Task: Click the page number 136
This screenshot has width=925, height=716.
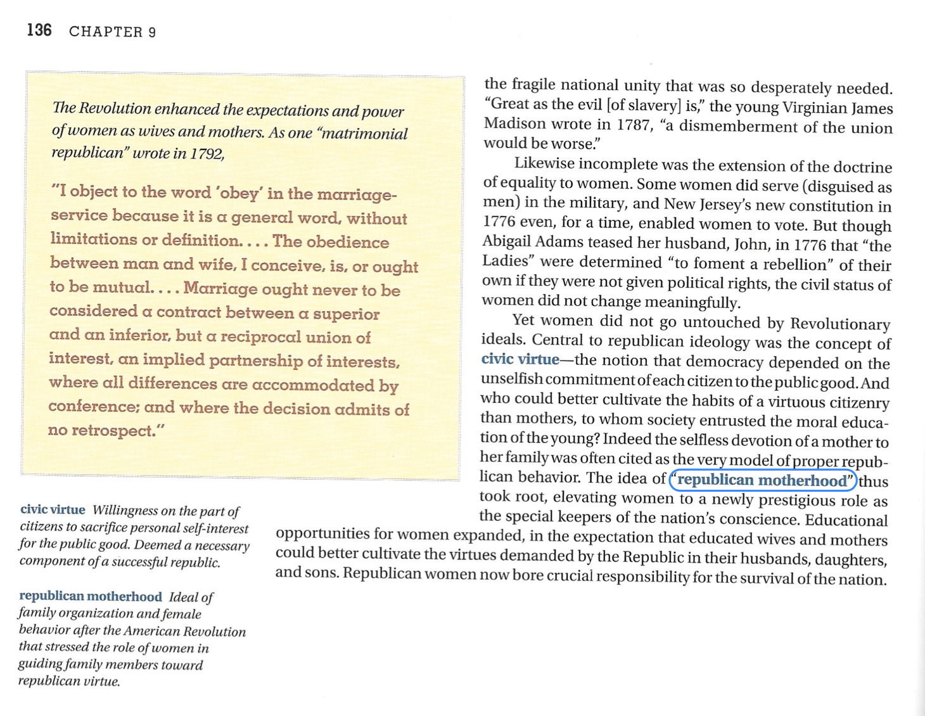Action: pos(39,30)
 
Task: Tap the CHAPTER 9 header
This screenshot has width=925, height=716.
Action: pos(112,32)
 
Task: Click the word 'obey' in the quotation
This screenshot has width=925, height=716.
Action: pos(239,193)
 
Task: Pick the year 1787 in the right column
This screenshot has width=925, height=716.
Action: pos(633,125)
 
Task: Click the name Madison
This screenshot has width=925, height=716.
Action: pos(514,124)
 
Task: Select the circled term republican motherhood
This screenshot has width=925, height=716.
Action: pos(763,480)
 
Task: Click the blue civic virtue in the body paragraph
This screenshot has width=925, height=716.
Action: pos(520,359)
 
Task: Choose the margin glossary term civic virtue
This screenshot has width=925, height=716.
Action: pos(53,510)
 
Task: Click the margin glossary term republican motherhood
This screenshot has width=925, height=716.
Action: pos(91,596)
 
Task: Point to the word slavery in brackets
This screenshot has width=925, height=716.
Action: pos(654,105)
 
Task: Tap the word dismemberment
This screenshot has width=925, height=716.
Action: pos(736,127)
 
